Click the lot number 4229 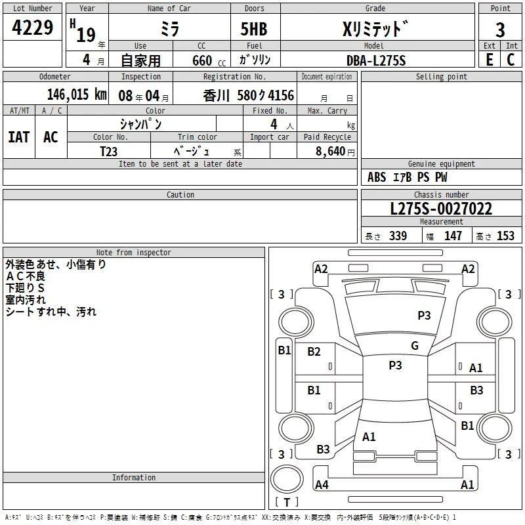(32, 28)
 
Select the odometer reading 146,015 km (77, 94)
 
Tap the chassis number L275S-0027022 (441, 209)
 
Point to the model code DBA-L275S (376, 60)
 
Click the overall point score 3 (500, 30)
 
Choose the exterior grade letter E (489, 60)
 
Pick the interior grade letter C (511, 60)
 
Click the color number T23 (108, 152)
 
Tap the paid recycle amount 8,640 (330, 151)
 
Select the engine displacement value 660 (202, 60)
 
